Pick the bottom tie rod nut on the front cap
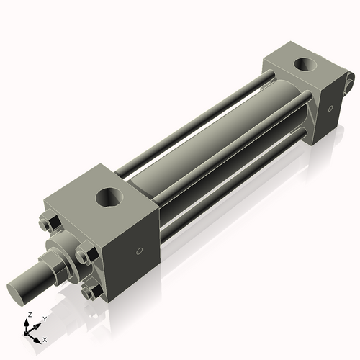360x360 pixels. click(89, 292)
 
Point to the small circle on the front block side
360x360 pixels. click(140, 251)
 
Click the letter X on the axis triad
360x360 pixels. click(45, 338)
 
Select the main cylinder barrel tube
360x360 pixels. click(216, 144)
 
